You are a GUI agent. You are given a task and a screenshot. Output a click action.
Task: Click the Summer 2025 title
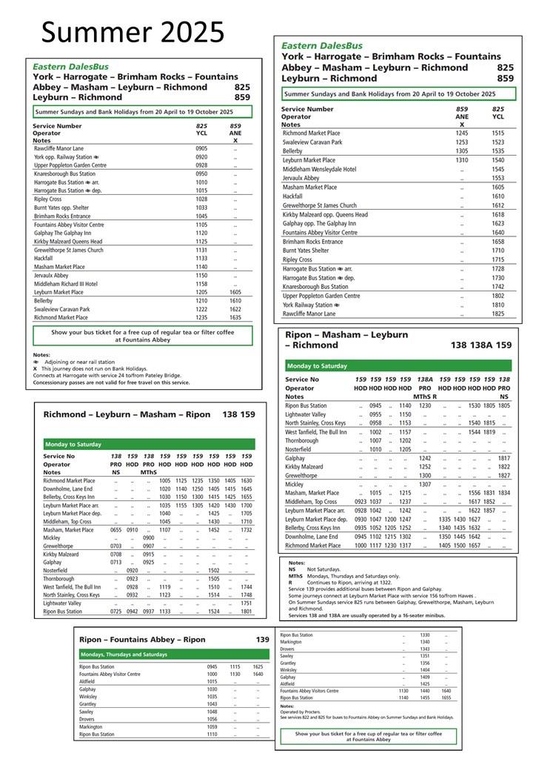point(133,32)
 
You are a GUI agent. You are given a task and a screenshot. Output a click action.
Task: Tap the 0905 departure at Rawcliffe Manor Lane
point(201,148)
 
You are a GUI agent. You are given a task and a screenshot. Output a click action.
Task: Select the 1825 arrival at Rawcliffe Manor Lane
point(498,313)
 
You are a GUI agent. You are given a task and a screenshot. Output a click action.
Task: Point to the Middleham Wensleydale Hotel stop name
point(319,169)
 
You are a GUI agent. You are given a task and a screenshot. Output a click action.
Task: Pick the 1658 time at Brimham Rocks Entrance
point(498,242)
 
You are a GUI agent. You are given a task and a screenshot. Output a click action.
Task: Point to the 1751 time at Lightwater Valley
point(247,603)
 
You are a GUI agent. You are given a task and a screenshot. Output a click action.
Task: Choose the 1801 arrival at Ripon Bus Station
point(247,612)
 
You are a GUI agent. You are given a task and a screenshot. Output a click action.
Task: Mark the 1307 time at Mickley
point(425,484)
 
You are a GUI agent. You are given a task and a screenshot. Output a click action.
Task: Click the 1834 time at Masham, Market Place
point(504,493)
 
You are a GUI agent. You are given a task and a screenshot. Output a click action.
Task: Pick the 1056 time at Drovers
point(212,719)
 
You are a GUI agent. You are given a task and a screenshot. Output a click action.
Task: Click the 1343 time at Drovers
point(425,649)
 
